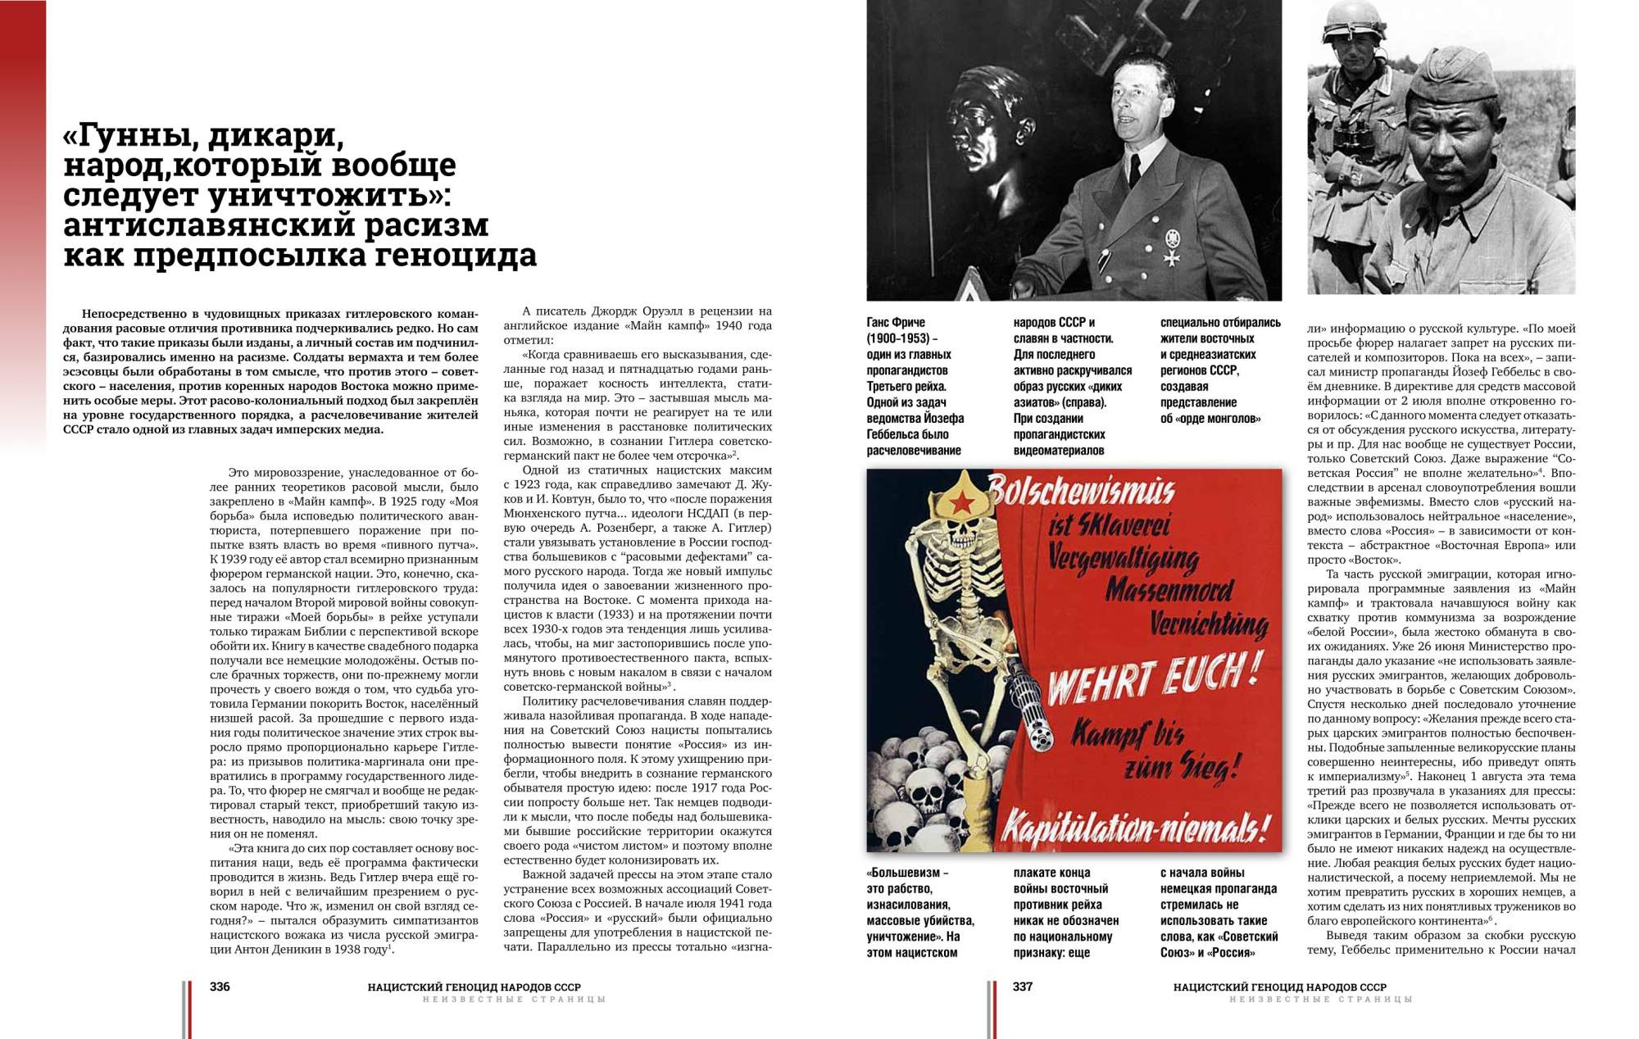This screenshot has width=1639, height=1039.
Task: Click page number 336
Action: point(220,987)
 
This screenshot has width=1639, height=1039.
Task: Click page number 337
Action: point(1023,987)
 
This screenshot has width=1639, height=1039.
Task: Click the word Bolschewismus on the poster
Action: point(1082,492)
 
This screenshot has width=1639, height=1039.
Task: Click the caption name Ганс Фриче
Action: point(896,322)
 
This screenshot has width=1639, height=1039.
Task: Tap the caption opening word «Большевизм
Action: point(907,873)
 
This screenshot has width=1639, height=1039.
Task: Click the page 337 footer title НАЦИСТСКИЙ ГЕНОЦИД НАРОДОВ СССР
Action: point(1279,987)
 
